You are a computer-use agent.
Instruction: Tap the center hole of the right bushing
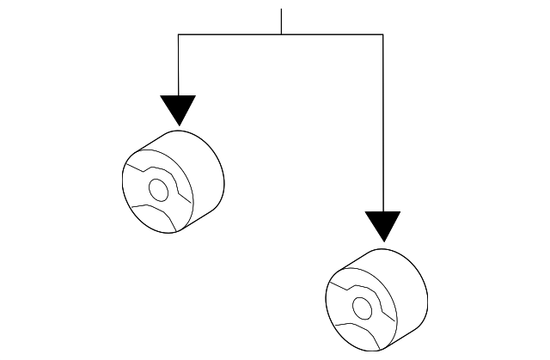(x=361, y=307)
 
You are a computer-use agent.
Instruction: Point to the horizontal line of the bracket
(x=232, y=34)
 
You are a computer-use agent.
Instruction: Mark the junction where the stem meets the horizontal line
(x=281, y=34)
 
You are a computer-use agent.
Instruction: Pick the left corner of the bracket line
(x=178, y=34)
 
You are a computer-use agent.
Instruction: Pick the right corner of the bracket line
(x=382, y=34)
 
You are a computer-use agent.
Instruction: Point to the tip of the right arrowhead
(x=382, y=241)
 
